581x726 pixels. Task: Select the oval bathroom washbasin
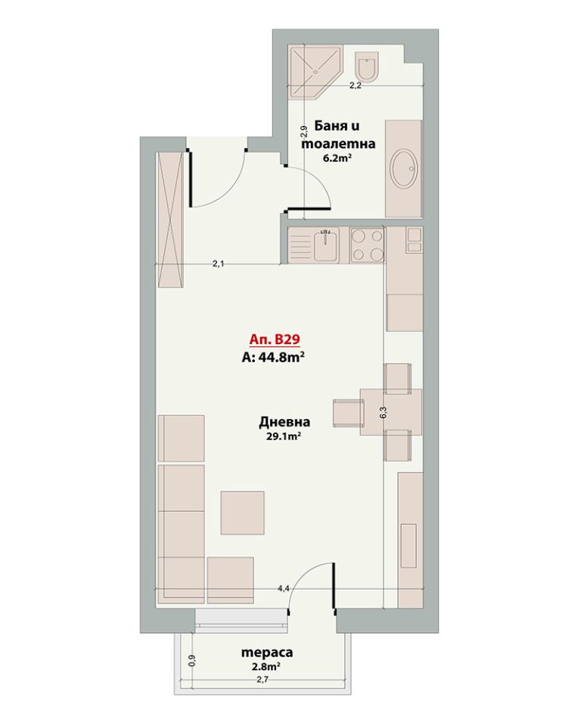tap(405, 169)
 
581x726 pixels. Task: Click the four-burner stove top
tap(368, 245)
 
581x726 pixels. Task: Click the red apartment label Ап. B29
tap(275, 340)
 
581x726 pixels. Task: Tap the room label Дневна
tap(284, 422)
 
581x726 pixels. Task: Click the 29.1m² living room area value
tap(284, 436)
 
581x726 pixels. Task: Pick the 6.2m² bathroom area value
tap(337, 158)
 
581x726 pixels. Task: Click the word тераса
tap(267, 653)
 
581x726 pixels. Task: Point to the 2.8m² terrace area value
tap(266, 667)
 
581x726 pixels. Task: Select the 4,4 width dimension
tap(284, 588)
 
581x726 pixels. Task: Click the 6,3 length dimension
tap(383, 413)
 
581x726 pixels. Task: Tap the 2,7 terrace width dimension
tap(263, 680)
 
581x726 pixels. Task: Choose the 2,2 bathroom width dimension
tap(355, 85)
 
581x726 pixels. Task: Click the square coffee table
tap(242, 513)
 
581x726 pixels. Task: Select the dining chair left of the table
tap(347, 413)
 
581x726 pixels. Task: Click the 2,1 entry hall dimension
tap(218, 264)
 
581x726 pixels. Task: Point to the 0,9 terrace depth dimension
tap(193, 659)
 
